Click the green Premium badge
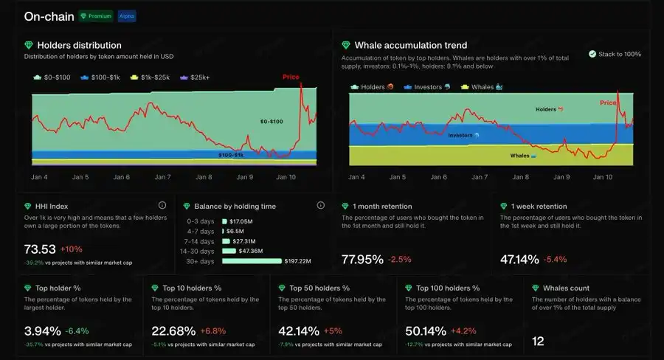click(96, 15)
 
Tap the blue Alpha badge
click(126, 15)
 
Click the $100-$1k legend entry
click(100, 77)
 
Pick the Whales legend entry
click(481, 87)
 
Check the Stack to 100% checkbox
click(592, 54)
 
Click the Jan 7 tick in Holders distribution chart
click(163, 177)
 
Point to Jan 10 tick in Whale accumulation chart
click(603, 177)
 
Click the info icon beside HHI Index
click(162, 206)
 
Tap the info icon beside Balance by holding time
click(321, 206)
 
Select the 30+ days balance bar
click(252, 260)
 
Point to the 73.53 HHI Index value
click(40, 249)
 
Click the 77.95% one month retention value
click(362, 259)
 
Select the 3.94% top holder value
click(42, 330)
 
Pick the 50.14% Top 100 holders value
click(426, 330)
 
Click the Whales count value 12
click(538, 341)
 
